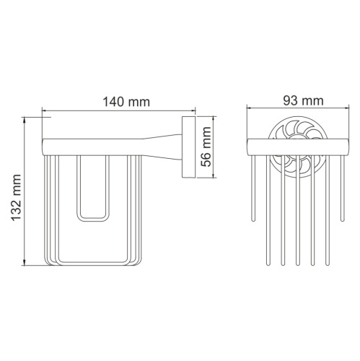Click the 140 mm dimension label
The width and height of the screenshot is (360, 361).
pos(126,102)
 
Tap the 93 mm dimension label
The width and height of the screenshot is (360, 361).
pos(303,101)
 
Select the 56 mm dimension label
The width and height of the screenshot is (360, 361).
pos(206,147)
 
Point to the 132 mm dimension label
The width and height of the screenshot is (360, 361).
pos(17,198)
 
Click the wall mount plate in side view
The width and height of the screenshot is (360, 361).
pos(188,147)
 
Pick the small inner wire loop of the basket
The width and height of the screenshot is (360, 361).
pos(92,188)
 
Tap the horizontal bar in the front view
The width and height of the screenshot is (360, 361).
pos(298,147)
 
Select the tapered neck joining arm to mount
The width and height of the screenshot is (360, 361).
pos(162,147)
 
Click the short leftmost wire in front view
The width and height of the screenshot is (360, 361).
pos(253,188)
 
